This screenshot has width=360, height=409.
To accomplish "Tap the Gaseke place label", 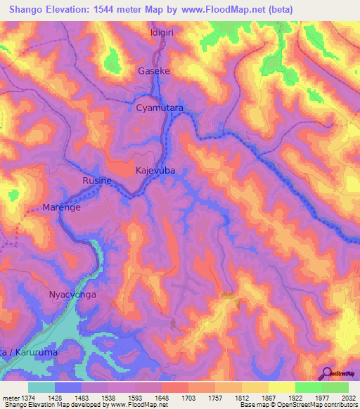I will point(154,71).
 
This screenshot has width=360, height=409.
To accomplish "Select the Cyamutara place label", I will point(159,109).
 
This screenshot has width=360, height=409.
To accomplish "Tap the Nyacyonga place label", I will point(71,295).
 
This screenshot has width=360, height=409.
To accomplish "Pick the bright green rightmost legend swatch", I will point(335,387).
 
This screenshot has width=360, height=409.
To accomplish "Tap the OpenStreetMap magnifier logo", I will point(326,372).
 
